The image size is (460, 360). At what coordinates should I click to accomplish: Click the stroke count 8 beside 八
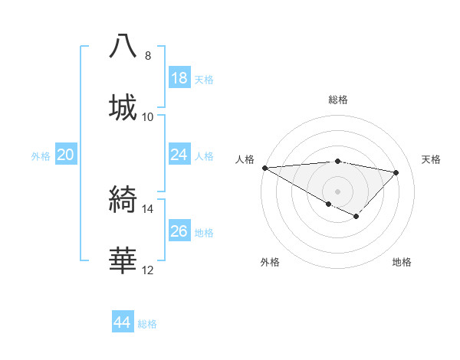point(148,55)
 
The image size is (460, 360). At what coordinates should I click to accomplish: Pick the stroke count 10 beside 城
point(148,116)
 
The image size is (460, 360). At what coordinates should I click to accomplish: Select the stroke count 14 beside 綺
point(148,208)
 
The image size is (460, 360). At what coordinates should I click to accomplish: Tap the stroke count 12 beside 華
point(148,270)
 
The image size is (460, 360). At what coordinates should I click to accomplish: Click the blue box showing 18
point(179,78)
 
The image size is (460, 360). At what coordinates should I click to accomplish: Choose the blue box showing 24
point(179,155)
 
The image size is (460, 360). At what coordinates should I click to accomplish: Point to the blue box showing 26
point(179,231)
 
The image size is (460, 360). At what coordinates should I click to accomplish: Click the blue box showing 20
point(66,155)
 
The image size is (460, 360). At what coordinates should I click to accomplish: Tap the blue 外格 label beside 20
point(41,155)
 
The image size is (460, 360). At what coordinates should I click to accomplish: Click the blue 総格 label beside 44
point(147,324)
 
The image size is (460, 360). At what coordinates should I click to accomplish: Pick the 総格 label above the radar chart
point(337,100)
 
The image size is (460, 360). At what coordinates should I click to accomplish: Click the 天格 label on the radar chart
point(431,159)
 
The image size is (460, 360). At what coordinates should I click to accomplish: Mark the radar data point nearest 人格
point(264,168)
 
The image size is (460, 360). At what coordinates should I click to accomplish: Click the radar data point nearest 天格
point(396,172)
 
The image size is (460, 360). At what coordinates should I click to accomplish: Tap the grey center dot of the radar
point(337,191)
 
